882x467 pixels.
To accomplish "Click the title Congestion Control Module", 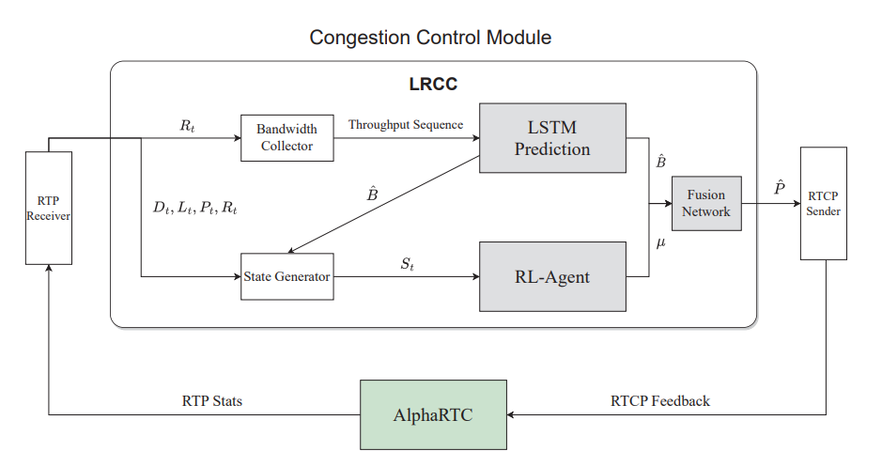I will click(430, 39).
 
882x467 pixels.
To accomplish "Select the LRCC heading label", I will click(433, 84).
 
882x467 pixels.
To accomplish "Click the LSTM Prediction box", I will click(552, 138).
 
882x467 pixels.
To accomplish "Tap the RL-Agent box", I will click(552, 276).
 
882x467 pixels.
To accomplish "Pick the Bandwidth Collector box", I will click(287, 138).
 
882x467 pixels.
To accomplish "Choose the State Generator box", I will click(287, 276).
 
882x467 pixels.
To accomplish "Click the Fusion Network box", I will click(706, 203).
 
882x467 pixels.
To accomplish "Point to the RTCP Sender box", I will click(823, 203).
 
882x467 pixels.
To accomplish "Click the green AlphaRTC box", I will click(433, 414).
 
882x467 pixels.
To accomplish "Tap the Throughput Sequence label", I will click(406, 125).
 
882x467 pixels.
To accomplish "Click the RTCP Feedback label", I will click(660, 401).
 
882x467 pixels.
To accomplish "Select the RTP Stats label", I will click(211, 401).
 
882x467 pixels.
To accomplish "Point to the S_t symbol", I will click(408, 265).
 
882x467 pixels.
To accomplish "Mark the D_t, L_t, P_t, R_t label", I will click(195, 208).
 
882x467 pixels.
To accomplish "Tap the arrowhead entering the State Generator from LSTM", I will click(292, 251).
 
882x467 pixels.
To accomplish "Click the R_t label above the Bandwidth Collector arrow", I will click(188, 125).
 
